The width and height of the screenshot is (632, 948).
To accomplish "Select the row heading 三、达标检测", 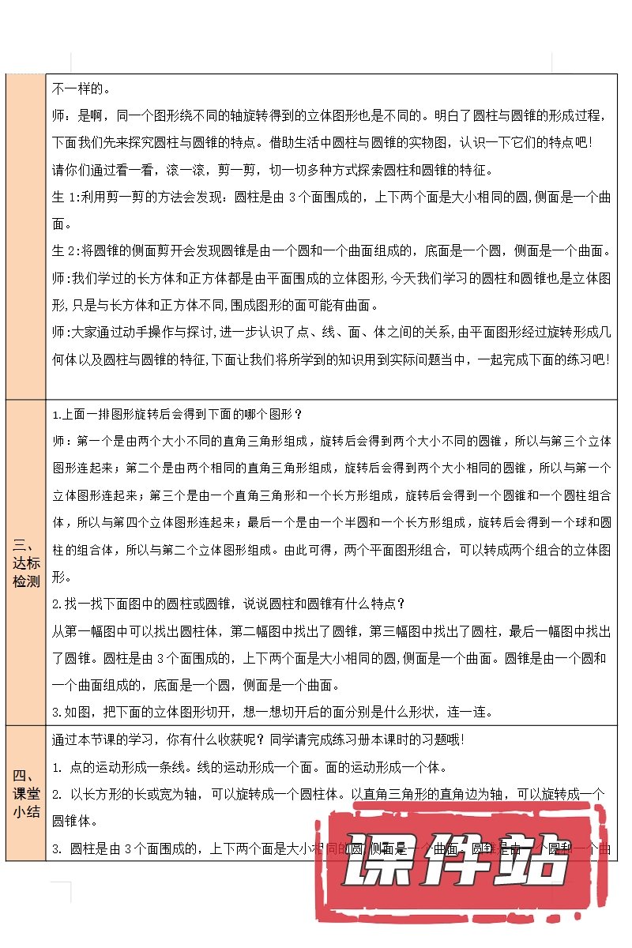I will [x=25, y=563].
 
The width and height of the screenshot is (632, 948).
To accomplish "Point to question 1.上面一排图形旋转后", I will [x=177, y=415].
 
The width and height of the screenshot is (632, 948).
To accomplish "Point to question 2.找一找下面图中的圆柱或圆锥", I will [x=229, y=604].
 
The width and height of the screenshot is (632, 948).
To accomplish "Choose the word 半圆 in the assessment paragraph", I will [x=404, y=522].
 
